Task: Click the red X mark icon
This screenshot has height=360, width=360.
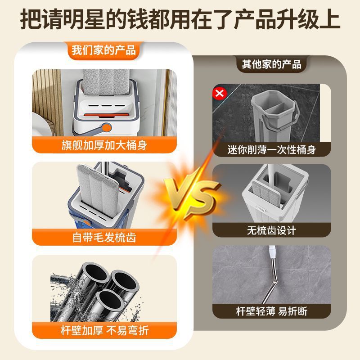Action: pos(220,93)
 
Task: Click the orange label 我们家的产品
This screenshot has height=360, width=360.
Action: pos(104,50)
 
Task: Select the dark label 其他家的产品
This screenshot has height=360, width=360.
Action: pos(272,64)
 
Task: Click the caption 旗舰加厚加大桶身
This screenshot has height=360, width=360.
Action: pos(104,145)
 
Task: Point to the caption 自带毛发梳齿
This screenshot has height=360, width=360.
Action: pos(104,238)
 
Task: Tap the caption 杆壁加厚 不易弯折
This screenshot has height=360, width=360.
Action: pos(104,331)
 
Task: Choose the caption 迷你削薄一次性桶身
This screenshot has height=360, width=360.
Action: pos(272,150)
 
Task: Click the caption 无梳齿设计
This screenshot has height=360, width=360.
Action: pos(272,230)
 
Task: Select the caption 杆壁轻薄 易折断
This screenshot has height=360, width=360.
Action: pos(272,311)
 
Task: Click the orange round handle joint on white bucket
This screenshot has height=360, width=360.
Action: pos(106,127)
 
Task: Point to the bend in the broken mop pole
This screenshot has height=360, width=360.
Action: pos(275,282)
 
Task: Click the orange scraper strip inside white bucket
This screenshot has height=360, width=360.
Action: pos(106,115)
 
